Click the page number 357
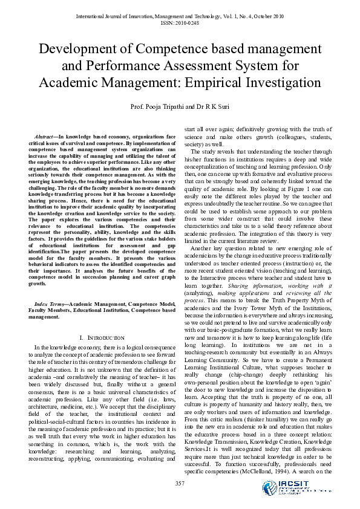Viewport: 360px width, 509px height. [180, 482]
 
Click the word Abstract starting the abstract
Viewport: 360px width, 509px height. [45, 138]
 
